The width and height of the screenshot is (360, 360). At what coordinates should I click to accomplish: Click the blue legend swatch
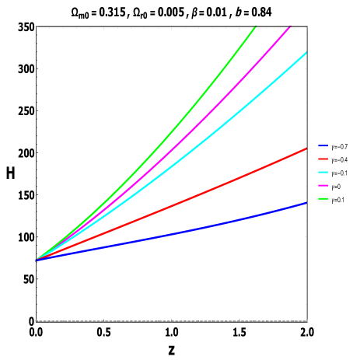click(323, 145)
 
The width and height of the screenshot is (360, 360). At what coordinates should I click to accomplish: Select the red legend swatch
click(323, 159)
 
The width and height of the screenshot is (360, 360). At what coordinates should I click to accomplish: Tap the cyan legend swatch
click(323, 172)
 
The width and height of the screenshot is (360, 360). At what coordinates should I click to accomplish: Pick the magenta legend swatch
click(323, 185)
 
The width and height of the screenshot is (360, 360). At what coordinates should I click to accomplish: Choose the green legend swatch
click(323, 198)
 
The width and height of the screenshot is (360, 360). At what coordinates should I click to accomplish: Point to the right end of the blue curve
click(306, 203)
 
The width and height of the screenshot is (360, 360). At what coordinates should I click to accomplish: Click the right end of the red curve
click(306, 149)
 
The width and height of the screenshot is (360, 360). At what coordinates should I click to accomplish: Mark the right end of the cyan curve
click(306, 53)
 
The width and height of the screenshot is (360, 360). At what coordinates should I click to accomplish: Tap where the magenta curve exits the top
click(290, 27)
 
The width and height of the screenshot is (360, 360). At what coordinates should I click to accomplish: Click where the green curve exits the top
click(255, 27)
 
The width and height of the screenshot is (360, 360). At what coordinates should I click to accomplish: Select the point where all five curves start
click(37, 259)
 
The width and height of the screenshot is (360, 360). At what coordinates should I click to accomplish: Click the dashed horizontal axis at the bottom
click(171, 320)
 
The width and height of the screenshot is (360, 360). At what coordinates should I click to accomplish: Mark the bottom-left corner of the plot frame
click(37, 320)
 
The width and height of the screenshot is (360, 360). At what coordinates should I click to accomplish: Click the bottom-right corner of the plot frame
click(307, 320)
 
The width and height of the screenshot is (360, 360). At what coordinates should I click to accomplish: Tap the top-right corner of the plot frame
click(307, 27)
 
